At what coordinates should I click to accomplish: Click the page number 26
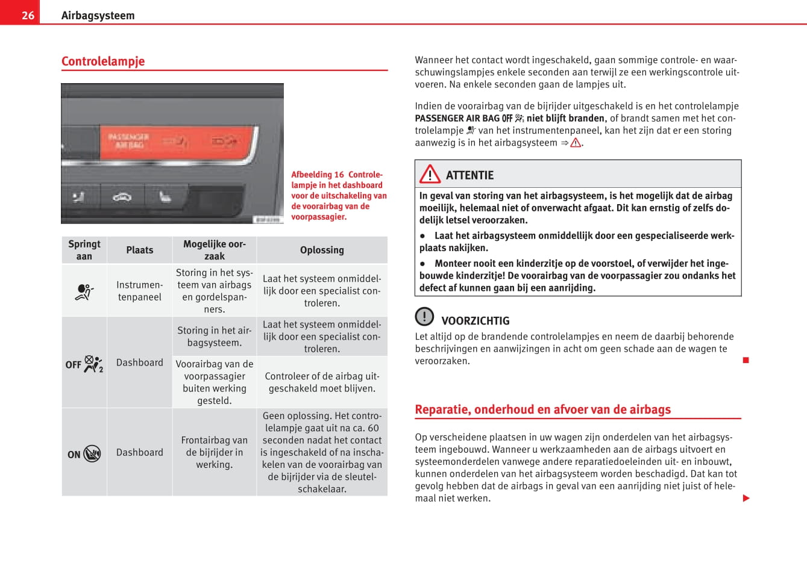click(x=28, y=15)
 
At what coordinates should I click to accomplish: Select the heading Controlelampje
click(x=103, y=61)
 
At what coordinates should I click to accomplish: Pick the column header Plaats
click(x=140, y=250)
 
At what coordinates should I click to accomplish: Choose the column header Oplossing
click(x=322, y=250)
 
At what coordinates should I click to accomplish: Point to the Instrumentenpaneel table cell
click(x=140, y=291)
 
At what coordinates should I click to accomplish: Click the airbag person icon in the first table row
click(x=84, y=292)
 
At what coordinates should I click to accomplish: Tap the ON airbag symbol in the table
click(x=84, y=453)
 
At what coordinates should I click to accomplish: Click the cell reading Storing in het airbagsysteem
click(x=214, y=337)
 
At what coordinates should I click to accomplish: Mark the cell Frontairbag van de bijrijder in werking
click(x=214, y=452)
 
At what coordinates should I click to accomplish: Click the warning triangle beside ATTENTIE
click(x=430, y=175)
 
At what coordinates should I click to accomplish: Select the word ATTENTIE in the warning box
click(x=469, y=175)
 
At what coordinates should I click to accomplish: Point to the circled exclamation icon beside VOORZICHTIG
click(x=424, y=316)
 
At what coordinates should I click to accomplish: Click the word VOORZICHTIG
click(x=475, y=321)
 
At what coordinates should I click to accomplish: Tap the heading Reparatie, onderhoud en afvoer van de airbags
click(x=542, y=409)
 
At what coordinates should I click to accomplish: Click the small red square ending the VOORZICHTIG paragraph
click(x=746, y=360)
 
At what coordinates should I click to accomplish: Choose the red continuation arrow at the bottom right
click(x=746, y=498)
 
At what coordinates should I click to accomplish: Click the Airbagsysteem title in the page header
click(x=98, y=16)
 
